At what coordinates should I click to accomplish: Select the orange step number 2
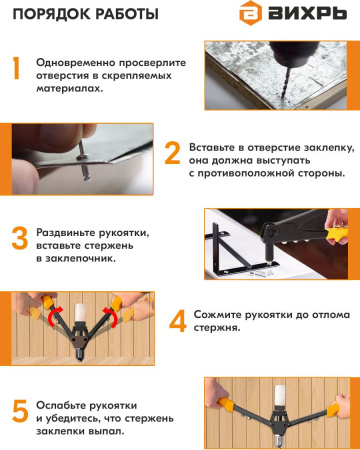(x=172, y=153)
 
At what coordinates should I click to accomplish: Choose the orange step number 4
(x=178, y=321)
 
